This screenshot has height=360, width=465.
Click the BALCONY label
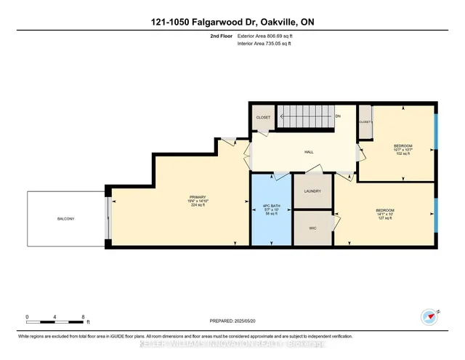pos(66,218)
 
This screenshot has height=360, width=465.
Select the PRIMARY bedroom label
pos(198,198)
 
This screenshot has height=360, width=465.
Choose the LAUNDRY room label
pos(312,191)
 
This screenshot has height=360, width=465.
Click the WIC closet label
pos(312,228)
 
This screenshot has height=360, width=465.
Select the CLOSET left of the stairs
pos(262,117)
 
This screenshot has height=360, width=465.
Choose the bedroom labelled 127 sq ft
pos(385,215)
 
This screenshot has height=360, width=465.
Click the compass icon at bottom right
pos(430,316)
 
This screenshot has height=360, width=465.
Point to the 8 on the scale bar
pos(84,317)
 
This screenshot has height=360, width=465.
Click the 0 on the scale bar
pos(27,317)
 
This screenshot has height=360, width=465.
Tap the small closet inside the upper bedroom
pos(365,125)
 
